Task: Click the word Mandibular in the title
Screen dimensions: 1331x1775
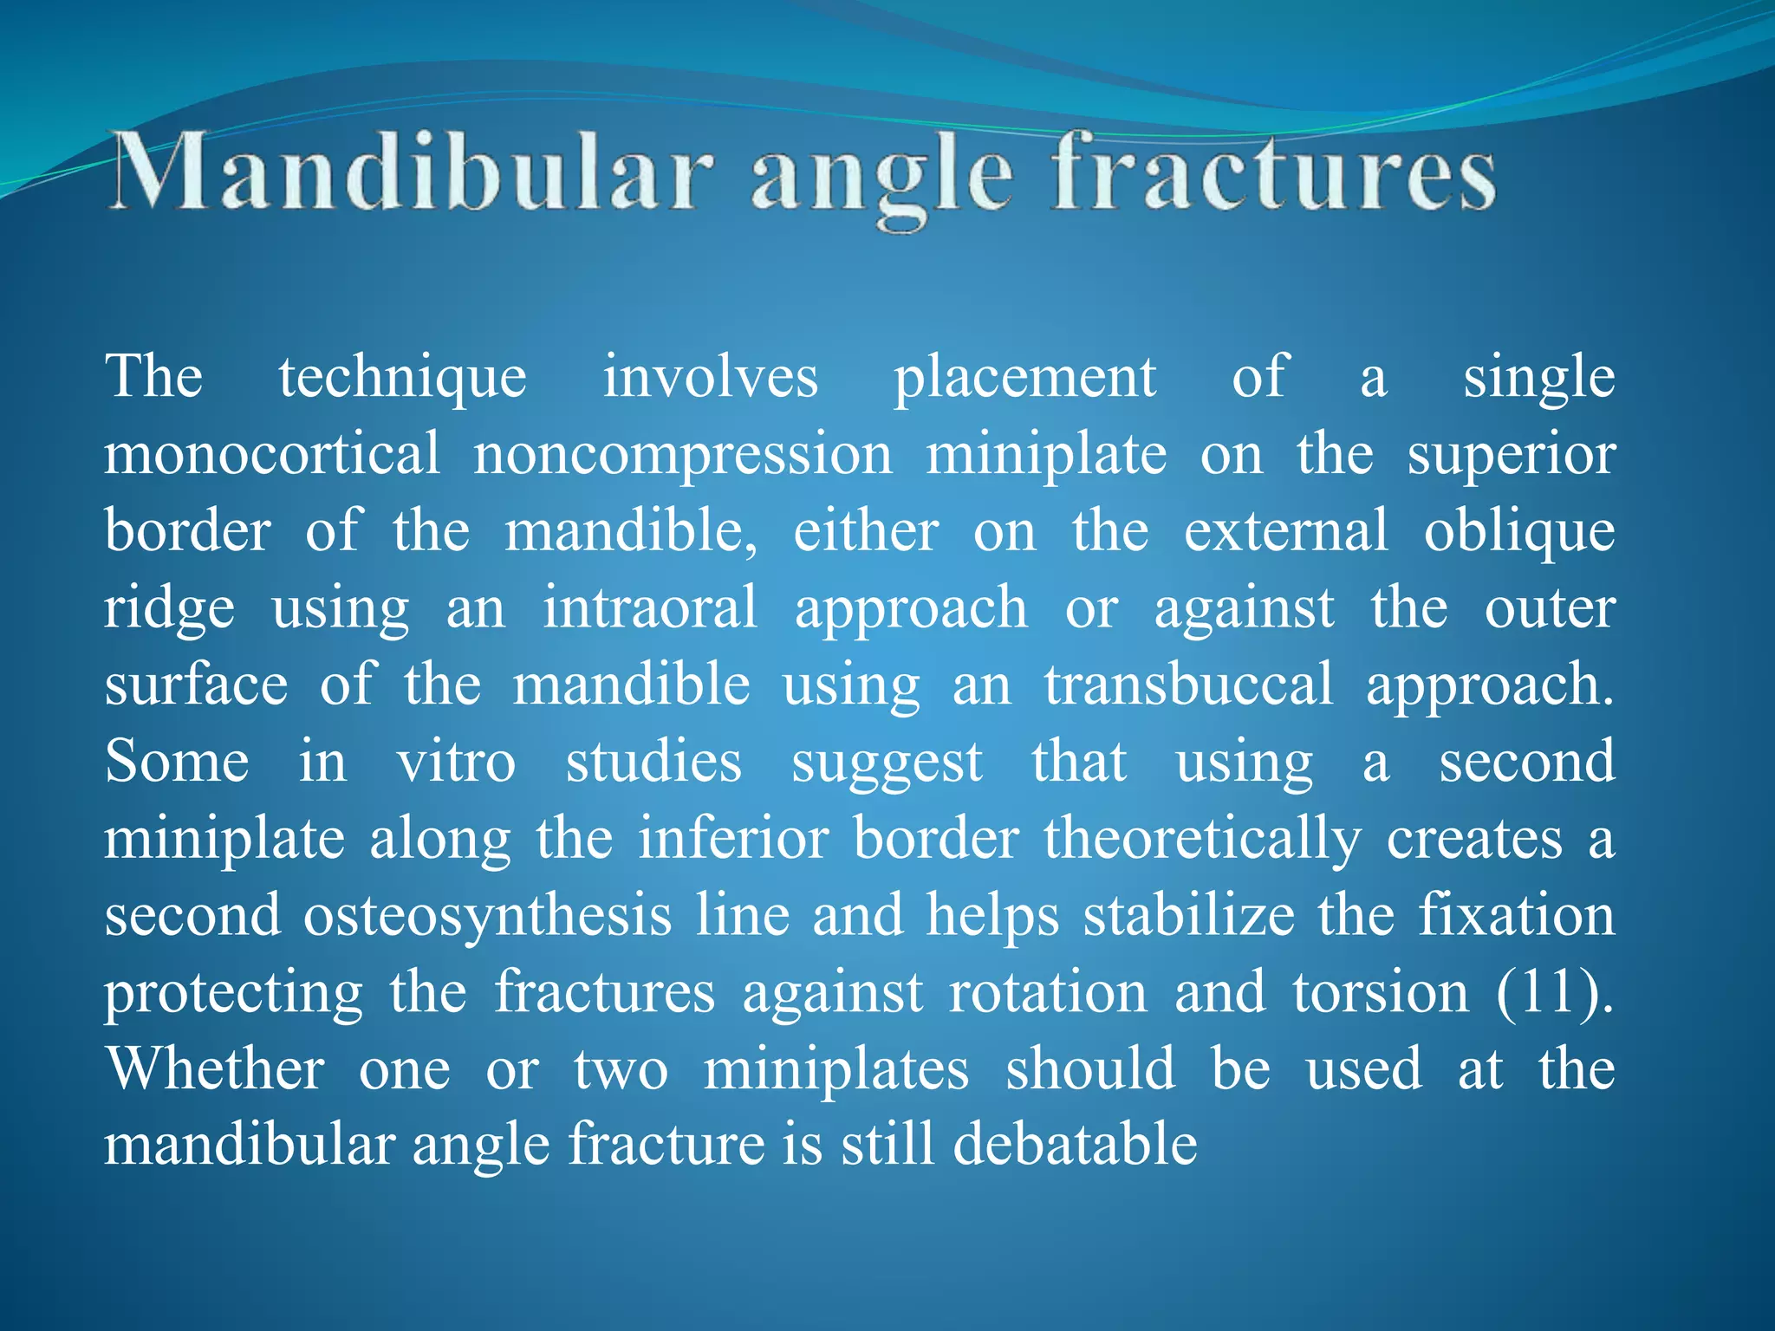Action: (412, 172)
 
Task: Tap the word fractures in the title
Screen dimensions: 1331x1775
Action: (1274, 172)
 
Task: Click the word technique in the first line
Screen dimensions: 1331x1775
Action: (402, 379)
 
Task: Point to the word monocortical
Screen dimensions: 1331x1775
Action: (272, 455)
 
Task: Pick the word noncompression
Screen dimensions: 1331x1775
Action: (683, 455)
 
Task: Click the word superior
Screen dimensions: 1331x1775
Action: (1511, 455)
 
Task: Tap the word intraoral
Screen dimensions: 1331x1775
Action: (650, 608)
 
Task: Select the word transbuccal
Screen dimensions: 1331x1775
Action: (1188, 685)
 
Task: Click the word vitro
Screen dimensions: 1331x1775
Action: (456, 762)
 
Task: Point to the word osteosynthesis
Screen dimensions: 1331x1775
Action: (487, 916)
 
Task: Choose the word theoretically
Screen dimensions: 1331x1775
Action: (1202, 839)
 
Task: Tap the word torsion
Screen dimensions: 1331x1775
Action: (1381, 992)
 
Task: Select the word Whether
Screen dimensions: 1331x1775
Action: (215, 1069)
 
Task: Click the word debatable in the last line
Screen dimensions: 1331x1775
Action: (1075, 1145)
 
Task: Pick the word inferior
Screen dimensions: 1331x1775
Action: (733, 839)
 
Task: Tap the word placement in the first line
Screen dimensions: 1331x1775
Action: (1024, 379)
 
